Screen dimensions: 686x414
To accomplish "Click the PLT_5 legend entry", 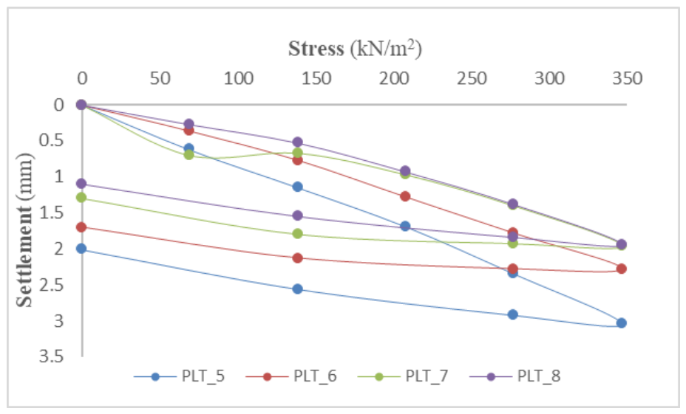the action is click(x=180, y=376).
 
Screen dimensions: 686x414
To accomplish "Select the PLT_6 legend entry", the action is click(x=291, y=376).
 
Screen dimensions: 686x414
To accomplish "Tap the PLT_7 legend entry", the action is click(x=404, y=376).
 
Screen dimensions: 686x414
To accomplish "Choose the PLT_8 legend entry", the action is click(x=515, y=376).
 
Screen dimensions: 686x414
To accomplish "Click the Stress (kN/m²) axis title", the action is click(x=355, y=48).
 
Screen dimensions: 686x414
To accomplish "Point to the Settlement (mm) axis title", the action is click(x=24, y=230).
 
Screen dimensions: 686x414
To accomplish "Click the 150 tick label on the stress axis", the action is click(x=316, y=79).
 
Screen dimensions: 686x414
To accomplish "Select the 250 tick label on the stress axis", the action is click(x=472, y=79).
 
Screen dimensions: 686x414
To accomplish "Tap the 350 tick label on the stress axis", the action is click(x=628, y=79).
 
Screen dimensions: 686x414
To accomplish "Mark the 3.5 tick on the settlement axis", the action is click(x=52, y=356).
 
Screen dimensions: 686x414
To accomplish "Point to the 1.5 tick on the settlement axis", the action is click(x=52, y=213).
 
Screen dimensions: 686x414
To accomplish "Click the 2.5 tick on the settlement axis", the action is click(x=52, y=285).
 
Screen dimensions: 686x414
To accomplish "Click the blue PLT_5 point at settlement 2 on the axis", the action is click(x=81, y=249).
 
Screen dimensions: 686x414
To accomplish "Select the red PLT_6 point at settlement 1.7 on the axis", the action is click(x=81, y=227).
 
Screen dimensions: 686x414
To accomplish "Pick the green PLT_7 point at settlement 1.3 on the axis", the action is click(x=81, y=197).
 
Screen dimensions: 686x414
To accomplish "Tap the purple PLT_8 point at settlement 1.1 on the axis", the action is click(x=81, y=184).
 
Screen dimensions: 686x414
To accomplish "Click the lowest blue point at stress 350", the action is click(x=621, y=323).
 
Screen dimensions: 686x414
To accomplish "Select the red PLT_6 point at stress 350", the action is click(x=621, y=269).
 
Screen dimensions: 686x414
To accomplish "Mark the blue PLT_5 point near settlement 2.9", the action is click(x=513, y=314).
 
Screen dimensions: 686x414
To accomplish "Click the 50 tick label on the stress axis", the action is click(x=160, y=79).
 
